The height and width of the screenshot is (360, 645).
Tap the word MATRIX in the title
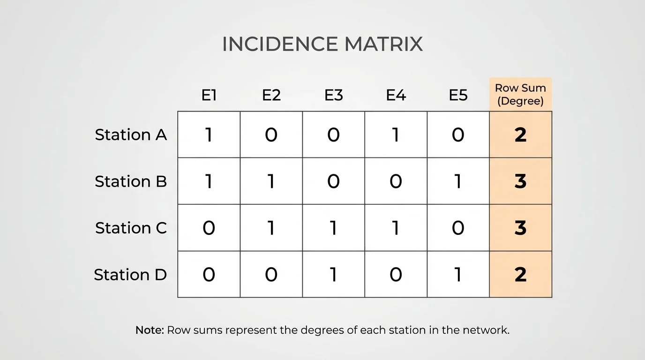pyautogui.click(x=383, y=45)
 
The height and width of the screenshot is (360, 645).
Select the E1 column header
pyautogui.click(x=209, y=95)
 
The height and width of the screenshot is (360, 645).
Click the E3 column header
pyautogui.click(x=333, y=95)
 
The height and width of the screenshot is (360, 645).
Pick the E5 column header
pyautogui.click(x=458, y=95)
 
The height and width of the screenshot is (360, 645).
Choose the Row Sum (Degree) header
pyautogui.click(x=520, y=94)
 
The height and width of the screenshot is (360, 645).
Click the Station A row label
pyautogui.click(x=131, y=135)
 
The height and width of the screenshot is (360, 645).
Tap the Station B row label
pyautogui.click(x=131, y=181)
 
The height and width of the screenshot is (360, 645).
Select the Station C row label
pyautogui.click(x=131, y=228)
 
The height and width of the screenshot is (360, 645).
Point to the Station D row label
pyautogui.click(x=130, y=275)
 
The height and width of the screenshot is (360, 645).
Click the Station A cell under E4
pyautogui.click(x=396, y=135)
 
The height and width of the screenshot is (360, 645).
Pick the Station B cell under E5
pyautogui.click(x=458, y=181)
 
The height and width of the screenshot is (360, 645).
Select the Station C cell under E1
pyautogui.click(x=209, y=228)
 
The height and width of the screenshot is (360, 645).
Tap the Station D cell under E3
pyautogui.click(x=333, y=275)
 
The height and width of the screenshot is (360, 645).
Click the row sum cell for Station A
pyautogui.click(x=520, y=135)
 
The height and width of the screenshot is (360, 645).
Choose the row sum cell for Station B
pyautogui.click(x=520, y=181)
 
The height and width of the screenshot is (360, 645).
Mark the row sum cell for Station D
pyautogui.click(x=520, y=275)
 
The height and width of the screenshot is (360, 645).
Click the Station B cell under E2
pyautogui.click(x=271, y=181)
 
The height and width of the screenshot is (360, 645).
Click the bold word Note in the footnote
pyautogui.click(x=149, y=330)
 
